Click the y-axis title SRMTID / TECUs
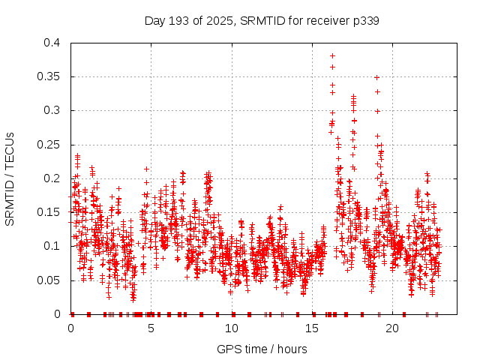click(x=10, y=178)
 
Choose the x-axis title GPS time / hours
click(x=262, y=349)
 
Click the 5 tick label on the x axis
click(x=151, y=328)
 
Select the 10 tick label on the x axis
click(x=232, y=328)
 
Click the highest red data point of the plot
click(x=332, y=55)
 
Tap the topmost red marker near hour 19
click(x=376, y=77)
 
